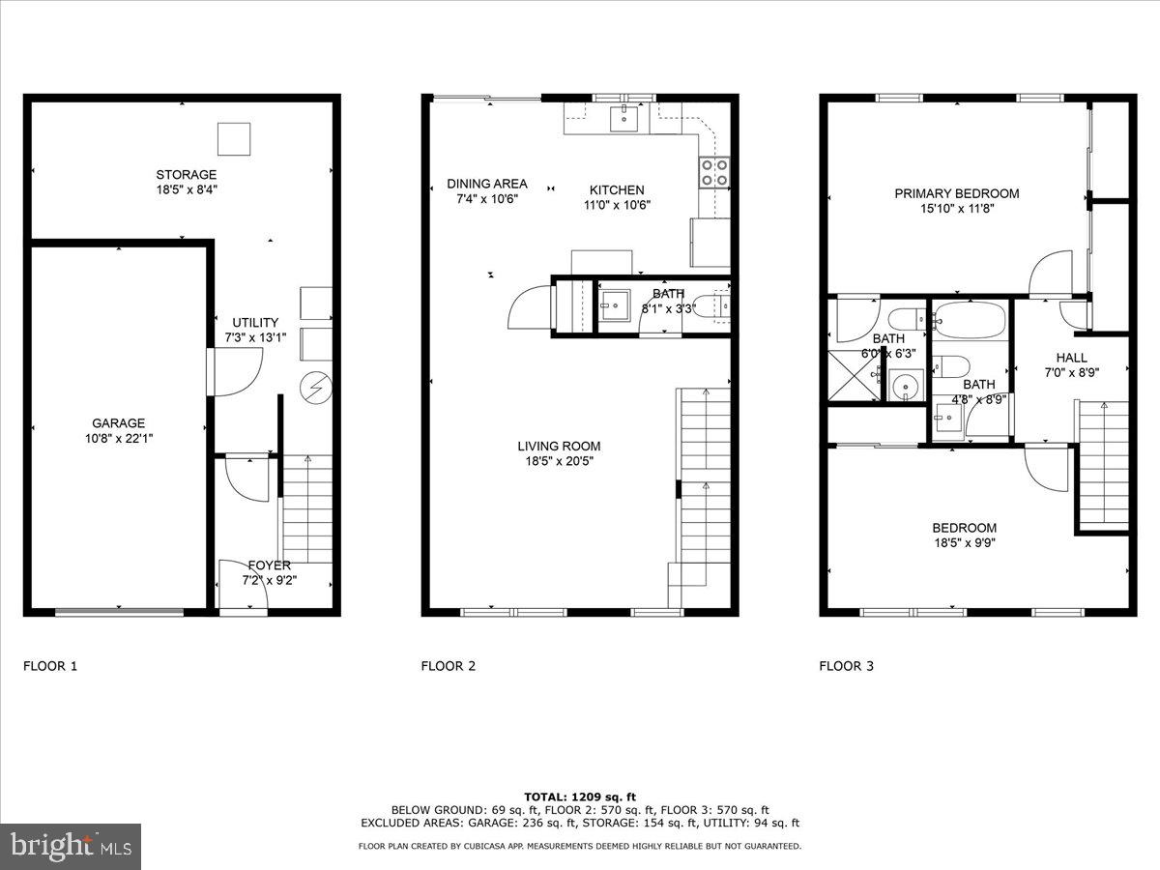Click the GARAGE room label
pyautogui.click(x=118, y=422)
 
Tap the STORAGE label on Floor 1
pyautogui.click(x=186, y=175)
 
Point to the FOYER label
pyautogui.click(x=270, y=565)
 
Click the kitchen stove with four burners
pyautogui.click(x=714, y=171)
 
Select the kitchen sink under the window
pyautogui.click(x=624, y=118)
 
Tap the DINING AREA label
pyautogui.click(x=486, y=184)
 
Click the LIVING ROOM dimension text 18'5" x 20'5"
pyautogui.click(x=559, y=461)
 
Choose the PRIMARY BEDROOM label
pyautogui.click(x=956, y=193)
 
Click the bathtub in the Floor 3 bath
pyautogui.click(x=970, y=316)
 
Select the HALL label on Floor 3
pyautogui.click(x=1071, y=357)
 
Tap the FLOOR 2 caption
pyautogui.click(x=448, y=665)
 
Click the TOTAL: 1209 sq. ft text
pyautogui.click(x=579, y=796)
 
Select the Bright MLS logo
pyautogui.click(x=72, y=846)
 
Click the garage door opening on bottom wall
pyautogui.click(x=119, y=611)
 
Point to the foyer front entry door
pyautogui.click(x=244, y=609)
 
